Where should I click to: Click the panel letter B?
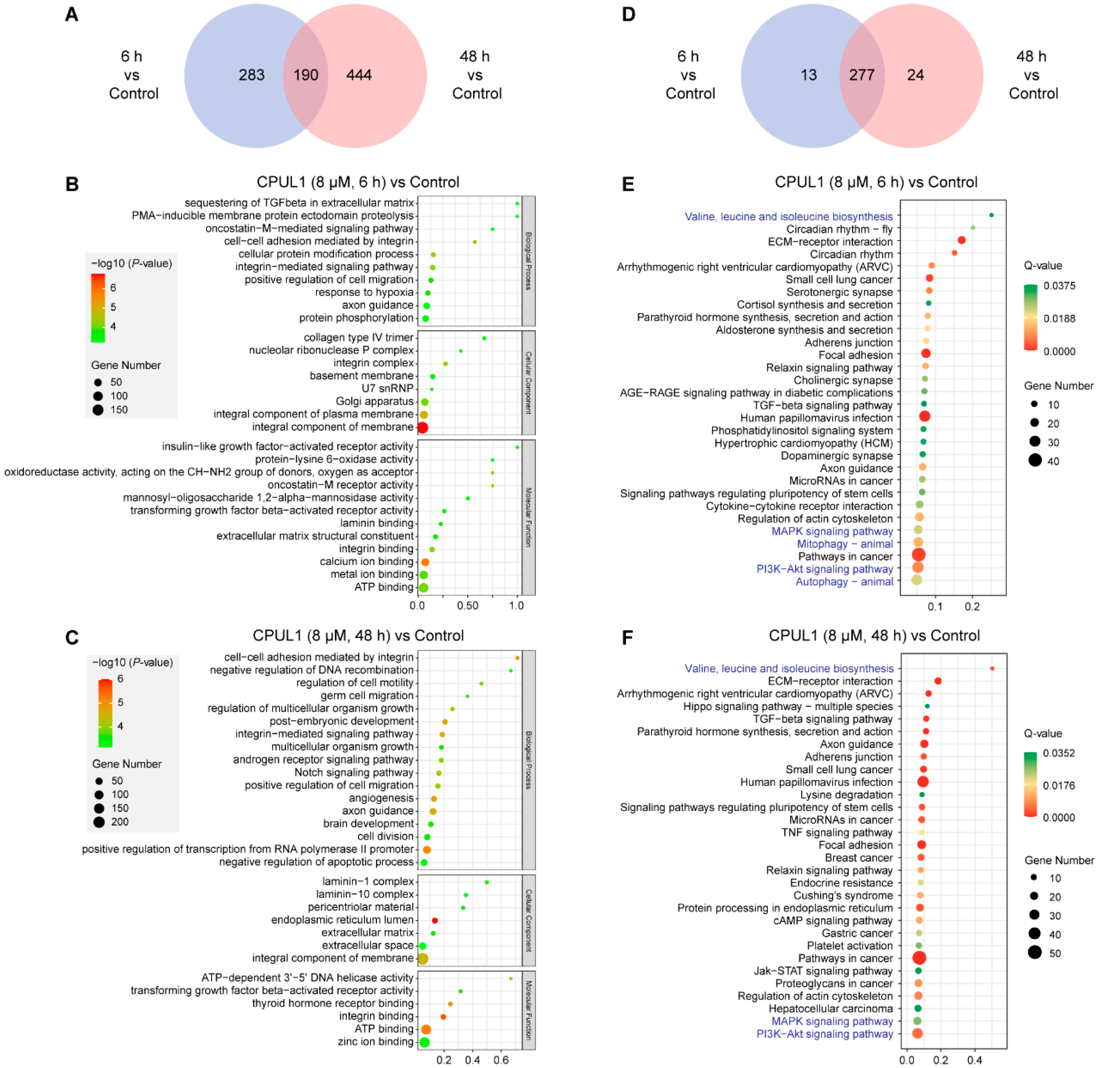72,185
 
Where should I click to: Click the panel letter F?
627,638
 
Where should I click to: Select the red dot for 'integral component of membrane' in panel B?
423,428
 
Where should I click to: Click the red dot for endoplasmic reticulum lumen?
434,921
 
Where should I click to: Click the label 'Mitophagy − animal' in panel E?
844,543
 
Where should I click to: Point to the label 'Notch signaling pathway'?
354,772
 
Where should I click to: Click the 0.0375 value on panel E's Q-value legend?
1059,286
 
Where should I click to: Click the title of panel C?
358,635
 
